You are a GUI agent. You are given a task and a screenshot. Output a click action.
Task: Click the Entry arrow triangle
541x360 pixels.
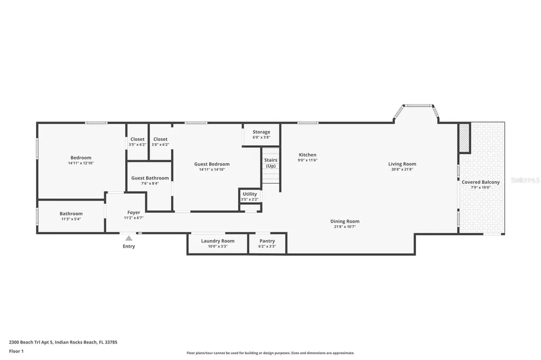pyautogui.click(x=129, y=238)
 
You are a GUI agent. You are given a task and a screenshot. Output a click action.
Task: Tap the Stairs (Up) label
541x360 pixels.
pyautogui.click(x=270, y=163)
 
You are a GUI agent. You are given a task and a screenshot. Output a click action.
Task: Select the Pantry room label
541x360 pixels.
pyautogui.click(x=267, y=241)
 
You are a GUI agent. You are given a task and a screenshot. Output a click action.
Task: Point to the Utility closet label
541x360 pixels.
pyautogui.click(x=249, y=194)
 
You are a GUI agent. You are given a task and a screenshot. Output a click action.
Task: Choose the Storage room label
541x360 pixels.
pyautogui.click(x=261, y=132)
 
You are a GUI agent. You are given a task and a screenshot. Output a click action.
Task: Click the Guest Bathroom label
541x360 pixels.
pyautogui.click(x=150, y=178)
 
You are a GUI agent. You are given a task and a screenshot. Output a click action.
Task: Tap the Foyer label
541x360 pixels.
pyautogui.click(x=134, y=213)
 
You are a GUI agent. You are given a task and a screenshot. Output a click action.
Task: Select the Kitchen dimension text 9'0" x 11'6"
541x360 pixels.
pyautogui.click(x=307, y=160)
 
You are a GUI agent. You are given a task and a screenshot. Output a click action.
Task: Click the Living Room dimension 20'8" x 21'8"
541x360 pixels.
pyautogui.click(x=402, y=169)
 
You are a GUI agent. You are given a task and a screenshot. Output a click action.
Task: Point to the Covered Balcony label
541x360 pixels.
pyautogui.click(x=480, y=182)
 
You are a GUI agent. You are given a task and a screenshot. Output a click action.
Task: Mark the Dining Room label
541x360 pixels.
pyautogui.click(x=344, y=221)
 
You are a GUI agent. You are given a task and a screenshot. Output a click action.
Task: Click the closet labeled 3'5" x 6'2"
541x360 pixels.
pyautogui.click(x=137, y=144)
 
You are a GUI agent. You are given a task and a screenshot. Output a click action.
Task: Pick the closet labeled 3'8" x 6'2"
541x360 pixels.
pyautogui.click(x=160, y=144)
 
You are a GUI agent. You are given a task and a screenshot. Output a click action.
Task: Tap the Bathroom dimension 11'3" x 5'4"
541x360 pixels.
pyautogui.click(x=71, y=219)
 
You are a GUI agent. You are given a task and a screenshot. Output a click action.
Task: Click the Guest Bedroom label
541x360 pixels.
pyautogui.click(x=211, y=164)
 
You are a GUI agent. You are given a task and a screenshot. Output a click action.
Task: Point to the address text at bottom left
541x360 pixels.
pyautogui.click(x=63, y=342)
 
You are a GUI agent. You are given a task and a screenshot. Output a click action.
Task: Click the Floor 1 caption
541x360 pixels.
pyautogui.click(x=16, y=351)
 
